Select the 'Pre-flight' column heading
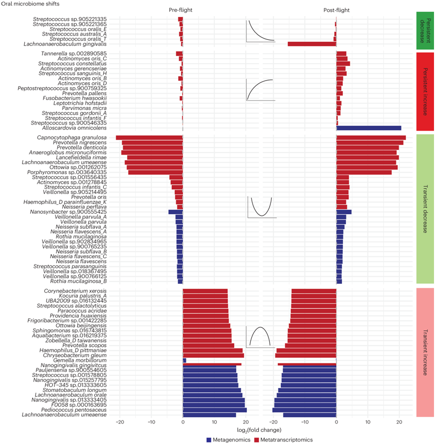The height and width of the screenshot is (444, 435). click(x=180, y=10)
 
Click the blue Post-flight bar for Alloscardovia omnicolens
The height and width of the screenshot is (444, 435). click(x=368, y=128)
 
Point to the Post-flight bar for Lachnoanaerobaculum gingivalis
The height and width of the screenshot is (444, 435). click(x=311, y=44)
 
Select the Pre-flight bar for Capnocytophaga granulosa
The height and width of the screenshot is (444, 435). click(x=149, y=138)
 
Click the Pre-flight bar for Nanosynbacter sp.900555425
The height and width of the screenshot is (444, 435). click(x=175, y=212)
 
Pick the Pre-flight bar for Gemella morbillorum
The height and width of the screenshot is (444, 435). click(x=184, y=360)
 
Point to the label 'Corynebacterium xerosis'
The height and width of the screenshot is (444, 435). click(x=75, y=291)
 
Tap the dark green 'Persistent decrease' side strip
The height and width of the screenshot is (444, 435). click(x=424, y=31)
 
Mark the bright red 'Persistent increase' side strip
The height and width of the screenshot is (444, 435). click(x=424, y=91)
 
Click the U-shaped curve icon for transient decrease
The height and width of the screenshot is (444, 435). click(x=261, y=207)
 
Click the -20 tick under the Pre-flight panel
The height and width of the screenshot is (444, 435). click(x=120, y=422)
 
